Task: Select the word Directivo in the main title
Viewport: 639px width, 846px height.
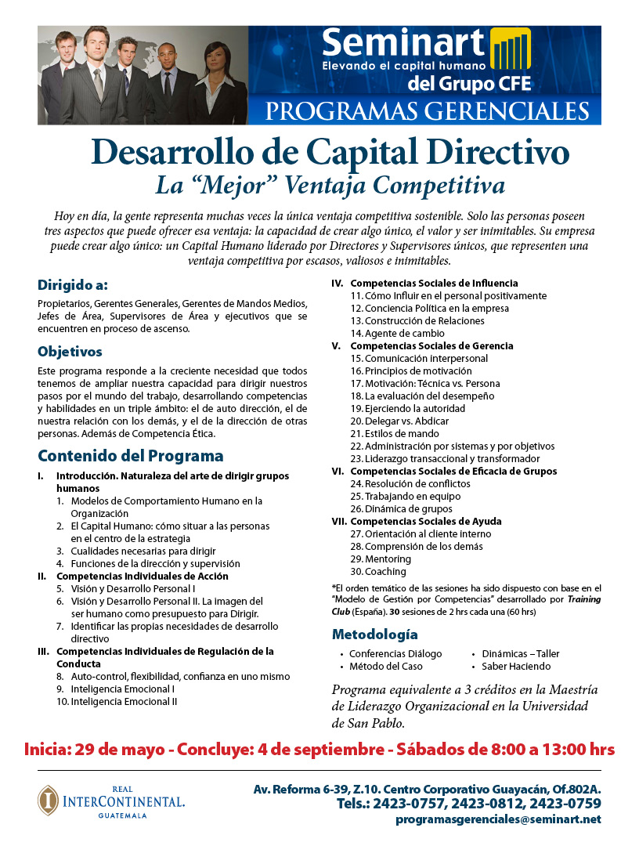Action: (481, 152)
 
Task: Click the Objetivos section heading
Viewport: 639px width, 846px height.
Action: (70, 352)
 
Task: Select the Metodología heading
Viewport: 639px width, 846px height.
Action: (374, 634)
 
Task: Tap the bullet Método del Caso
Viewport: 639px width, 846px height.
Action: (385, 666)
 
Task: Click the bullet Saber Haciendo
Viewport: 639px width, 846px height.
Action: (515, 666)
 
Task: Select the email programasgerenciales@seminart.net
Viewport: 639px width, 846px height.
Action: (498, 819)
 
